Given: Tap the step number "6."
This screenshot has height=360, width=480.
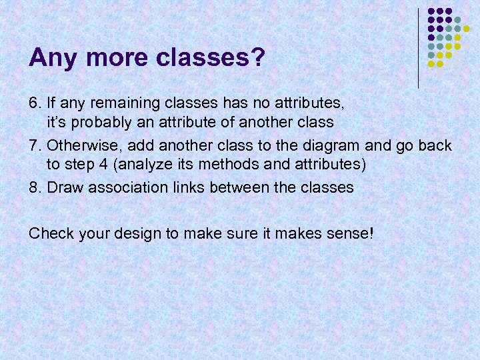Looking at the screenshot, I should tap(35, 103).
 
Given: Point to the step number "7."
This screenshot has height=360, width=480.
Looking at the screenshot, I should tap(35, 145).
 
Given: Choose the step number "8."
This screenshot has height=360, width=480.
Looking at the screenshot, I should tap(35, 187).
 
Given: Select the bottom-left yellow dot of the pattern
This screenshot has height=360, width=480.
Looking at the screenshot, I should tap(431, 64).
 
